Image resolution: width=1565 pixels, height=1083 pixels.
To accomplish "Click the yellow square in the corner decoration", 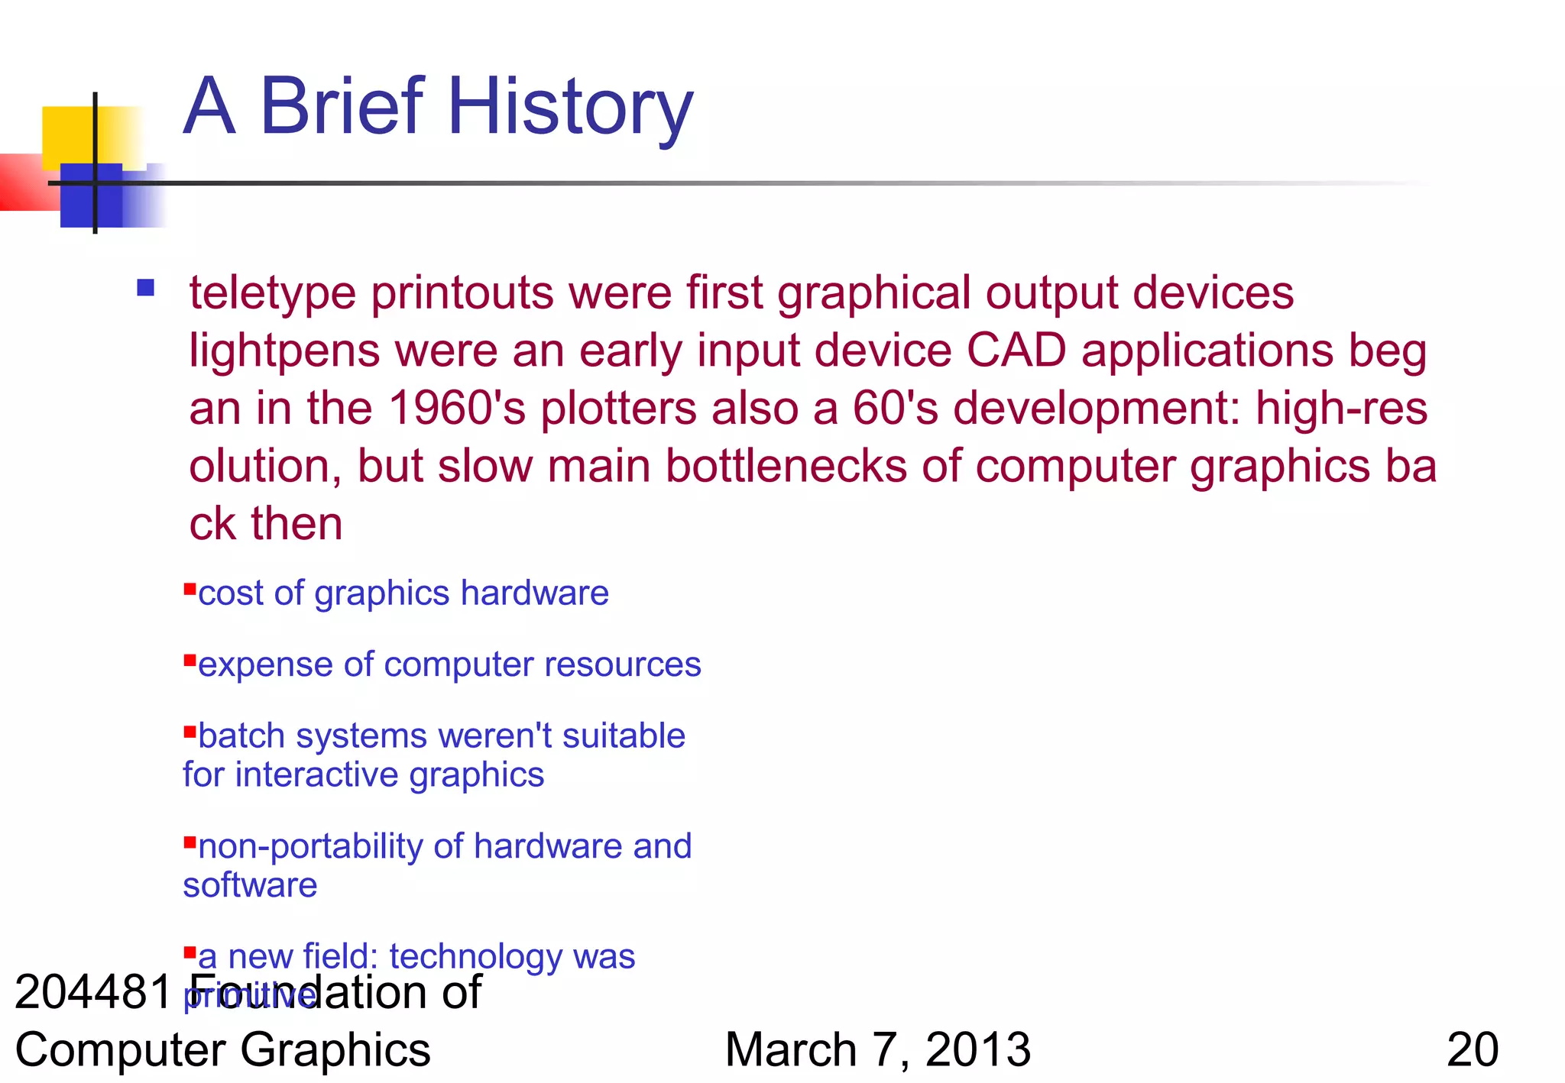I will (x=69, y=134).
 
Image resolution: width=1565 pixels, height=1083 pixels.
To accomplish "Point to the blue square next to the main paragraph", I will (x=146, y=288).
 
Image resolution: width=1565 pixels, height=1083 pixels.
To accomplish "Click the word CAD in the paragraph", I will (x=1016, y=351).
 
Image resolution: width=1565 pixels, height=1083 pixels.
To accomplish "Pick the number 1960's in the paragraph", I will (x=457, y=408).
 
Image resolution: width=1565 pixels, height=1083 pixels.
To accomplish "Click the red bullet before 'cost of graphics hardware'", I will (x=190, y=587).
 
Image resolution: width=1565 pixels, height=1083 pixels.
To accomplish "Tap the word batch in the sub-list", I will (x=241, y=736).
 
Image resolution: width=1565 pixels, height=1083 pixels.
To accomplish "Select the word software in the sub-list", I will (x=250, y=885).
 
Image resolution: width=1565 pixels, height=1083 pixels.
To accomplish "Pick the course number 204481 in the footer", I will (x=93, y=992).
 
